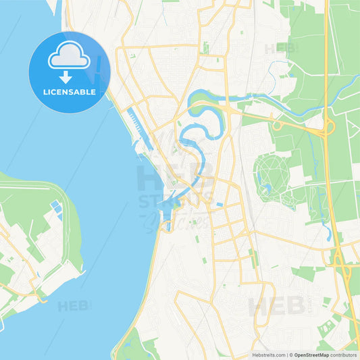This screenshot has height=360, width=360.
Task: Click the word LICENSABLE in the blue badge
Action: click(x=70, y=91)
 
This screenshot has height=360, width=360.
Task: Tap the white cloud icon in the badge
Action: click(x=68, y=57)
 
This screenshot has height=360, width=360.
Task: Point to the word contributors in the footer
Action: click(x=344, y=355)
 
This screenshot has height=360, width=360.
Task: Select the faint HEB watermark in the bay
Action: click(x=73, y=306)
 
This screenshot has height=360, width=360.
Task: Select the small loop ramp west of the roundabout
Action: click(x=277, y=126)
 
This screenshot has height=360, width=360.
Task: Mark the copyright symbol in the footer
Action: click(x=290, y=355)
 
